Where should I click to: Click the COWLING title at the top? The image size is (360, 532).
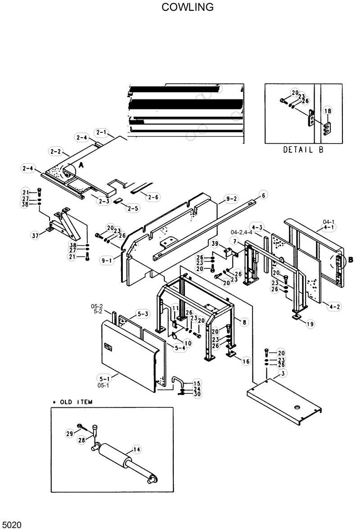click(188, 7)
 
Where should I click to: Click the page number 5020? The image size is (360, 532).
click(12, 525)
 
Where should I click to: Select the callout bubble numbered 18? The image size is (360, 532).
click(328, 111)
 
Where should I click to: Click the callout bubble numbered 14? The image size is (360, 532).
click(137, 449)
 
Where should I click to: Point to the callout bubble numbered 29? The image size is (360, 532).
click(69, 433)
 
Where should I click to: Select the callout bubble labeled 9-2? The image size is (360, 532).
click(232, 198)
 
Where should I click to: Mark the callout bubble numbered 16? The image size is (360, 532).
click(246, 361)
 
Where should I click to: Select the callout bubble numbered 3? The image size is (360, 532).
click(282, 374)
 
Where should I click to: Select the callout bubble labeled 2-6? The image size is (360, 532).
click(153, 197)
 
